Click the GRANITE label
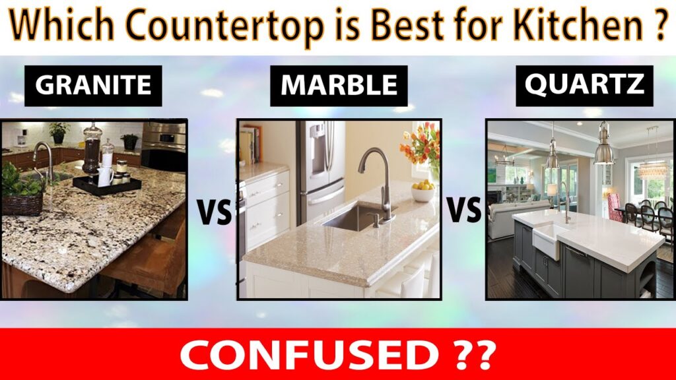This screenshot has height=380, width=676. point(93,86)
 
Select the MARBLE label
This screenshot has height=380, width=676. point(339,86)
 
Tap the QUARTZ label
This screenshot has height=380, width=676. point(585,86)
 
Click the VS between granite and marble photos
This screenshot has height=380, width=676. point(214,212)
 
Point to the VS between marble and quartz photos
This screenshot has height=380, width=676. point(464,209)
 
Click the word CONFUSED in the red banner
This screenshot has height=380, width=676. point(308,354)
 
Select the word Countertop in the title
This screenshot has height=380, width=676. point(226,26)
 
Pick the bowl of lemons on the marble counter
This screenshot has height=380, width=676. point(422,191)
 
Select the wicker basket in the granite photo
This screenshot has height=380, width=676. point(23,205)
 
